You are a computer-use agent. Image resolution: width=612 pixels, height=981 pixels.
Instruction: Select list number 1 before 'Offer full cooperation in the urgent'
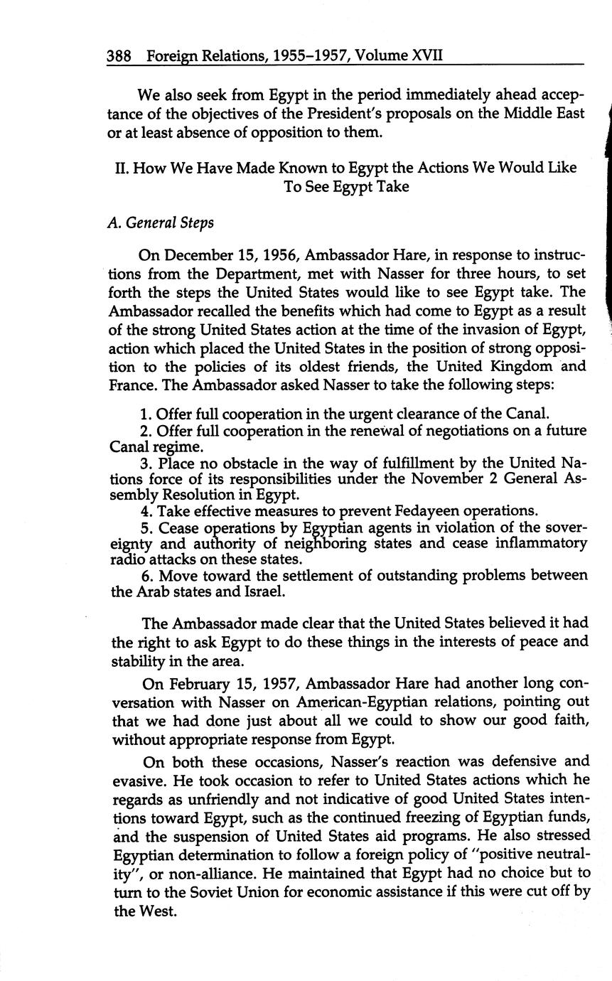point(146,414)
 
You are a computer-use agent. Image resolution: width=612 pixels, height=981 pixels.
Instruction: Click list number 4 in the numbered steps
point(146,511)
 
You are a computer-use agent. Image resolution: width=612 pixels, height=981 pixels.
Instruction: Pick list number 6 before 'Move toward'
point(146,574)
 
